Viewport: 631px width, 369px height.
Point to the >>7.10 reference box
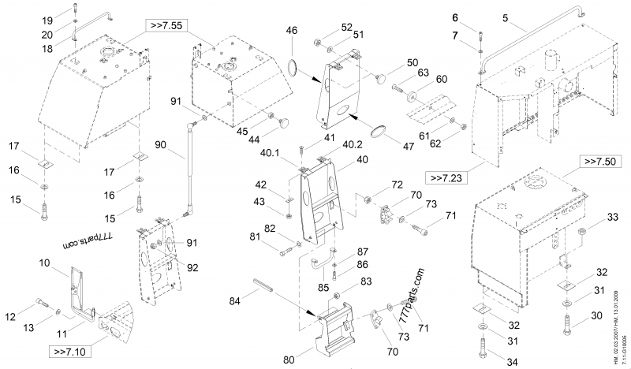72,350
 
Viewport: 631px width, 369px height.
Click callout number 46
291,31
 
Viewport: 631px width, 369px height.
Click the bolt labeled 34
483,344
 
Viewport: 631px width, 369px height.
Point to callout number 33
613,218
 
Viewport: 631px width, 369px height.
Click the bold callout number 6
477,17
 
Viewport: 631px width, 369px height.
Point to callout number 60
441,79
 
